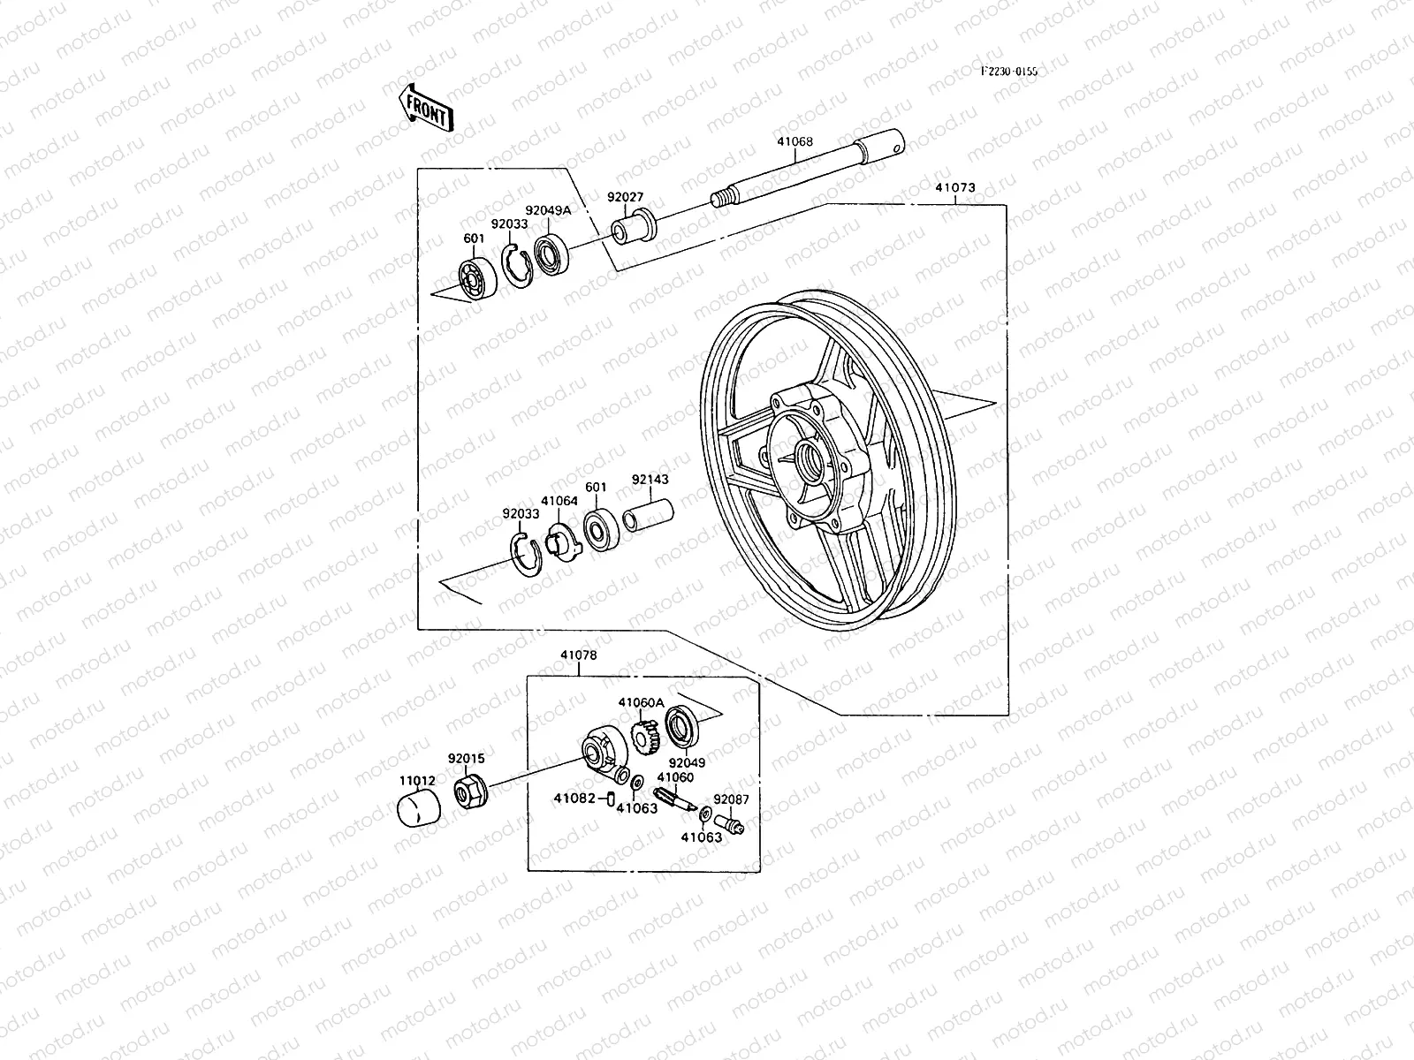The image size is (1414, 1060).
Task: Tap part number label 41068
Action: coord(794,141)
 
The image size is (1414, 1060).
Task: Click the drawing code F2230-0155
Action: coord(1007,72)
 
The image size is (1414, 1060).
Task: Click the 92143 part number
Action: coord(650,481)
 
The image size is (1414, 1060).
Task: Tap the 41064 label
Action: coord(559,501)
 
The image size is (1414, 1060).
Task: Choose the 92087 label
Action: coord(732,799)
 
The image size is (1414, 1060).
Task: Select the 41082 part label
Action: coord(573,799)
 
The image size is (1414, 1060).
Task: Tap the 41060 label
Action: coord(675,777)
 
